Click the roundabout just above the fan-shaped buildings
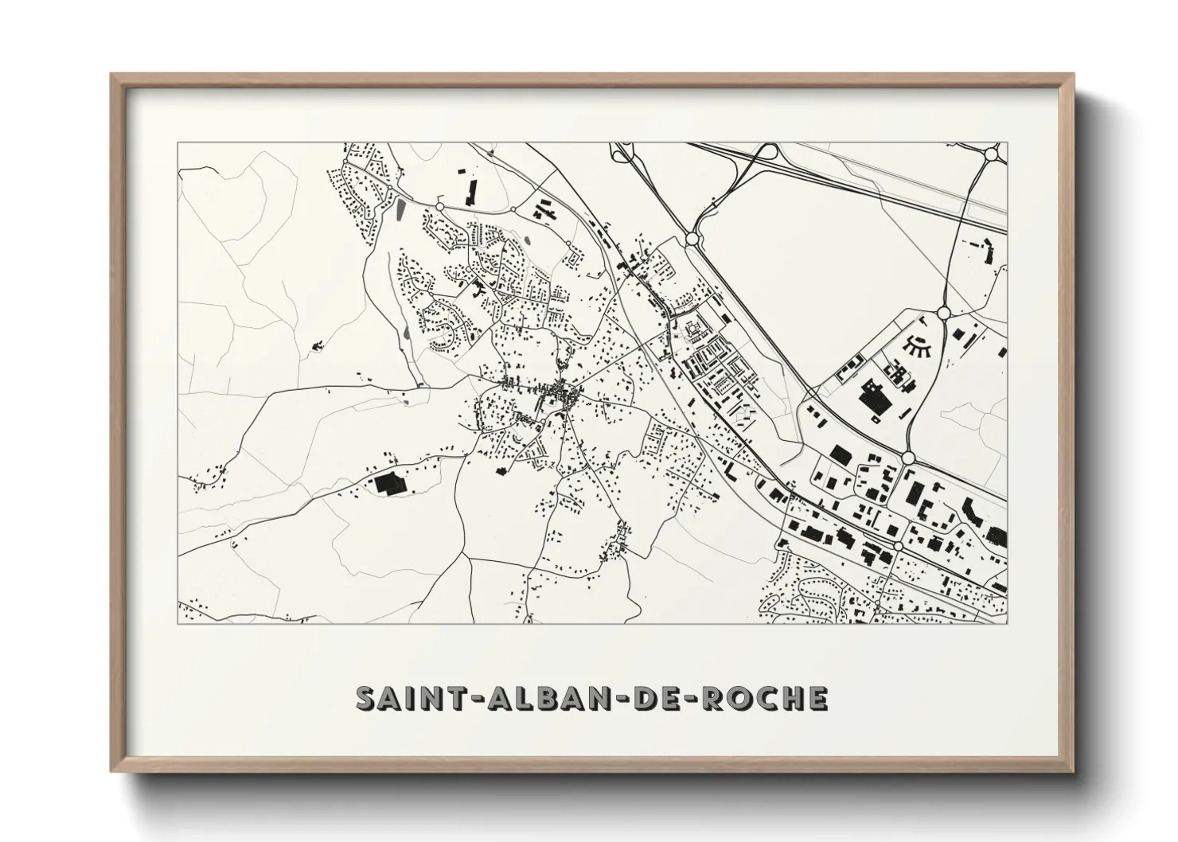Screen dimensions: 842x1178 (x=944, y=314)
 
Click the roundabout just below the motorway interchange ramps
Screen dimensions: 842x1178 (x=692, y=237)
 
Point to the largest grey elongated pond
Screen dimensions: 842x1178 (x=400, y=210)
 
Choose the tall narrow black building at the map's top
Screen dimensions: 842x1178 (x=470, y=192)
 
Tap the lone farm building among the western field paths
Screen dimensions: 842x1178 (x=318, y=345)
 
